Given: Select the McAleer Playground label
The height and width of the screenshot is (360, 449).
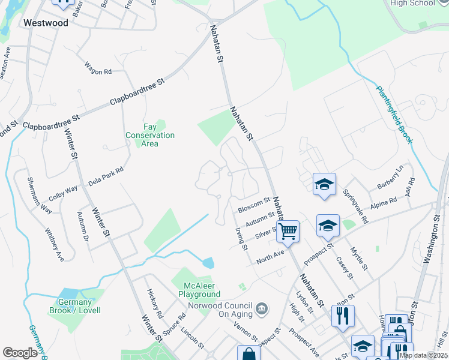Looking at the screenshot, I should [199, 290].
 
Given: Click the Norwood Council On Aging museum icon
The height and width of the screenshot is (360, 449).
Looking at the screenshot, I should [262, 309].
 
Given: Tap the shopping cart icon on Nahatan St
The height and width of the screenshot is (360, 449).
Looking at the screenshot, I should [288, 230].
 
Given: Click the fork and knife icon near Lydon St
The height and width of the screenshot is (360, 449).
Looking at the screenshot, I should [343, 315].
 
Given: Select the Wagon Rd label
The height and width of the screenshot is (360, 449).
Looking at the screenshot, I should [98, 70].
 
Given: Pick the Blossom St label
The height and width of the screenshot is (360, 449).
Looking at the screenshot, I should [254, 205].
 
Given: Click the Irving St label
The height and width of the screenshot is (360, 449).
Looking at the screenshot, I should [241, 238].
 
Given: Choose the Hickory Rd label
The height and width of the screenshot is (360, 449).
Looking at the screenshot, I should [155, 304].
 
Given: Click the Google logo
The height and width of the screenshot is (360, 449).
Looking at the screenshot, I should [20, 353].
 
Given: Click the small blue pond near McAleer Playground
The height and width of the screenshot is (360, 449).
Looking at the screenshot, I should [208, 263].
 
